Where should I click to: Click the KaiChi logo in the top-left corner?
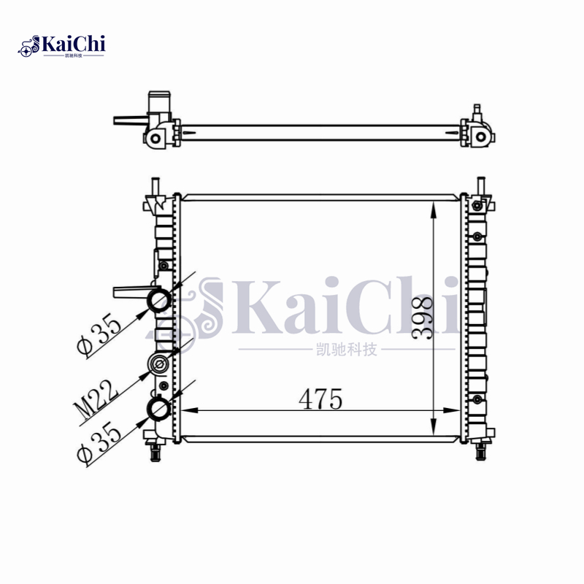click(x=61, y=46)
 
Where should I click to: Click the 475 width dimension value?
click(x=320, y=399)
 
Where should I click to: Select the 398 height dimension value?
click(x=423, y=318)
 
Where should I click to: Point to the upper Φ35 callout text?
click(x=99, y=334)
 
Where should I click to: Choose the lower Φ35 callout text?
click(x=99, y=442)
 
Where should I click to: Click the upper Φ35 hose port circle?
click(x=160, y=299)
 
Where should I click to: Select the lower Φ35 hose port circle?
click(x=160, y=407)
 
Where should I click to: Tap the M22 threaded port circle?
click(x=159, y=364)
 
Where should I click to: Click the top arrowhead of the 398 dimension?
click(x=433, y=210)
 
